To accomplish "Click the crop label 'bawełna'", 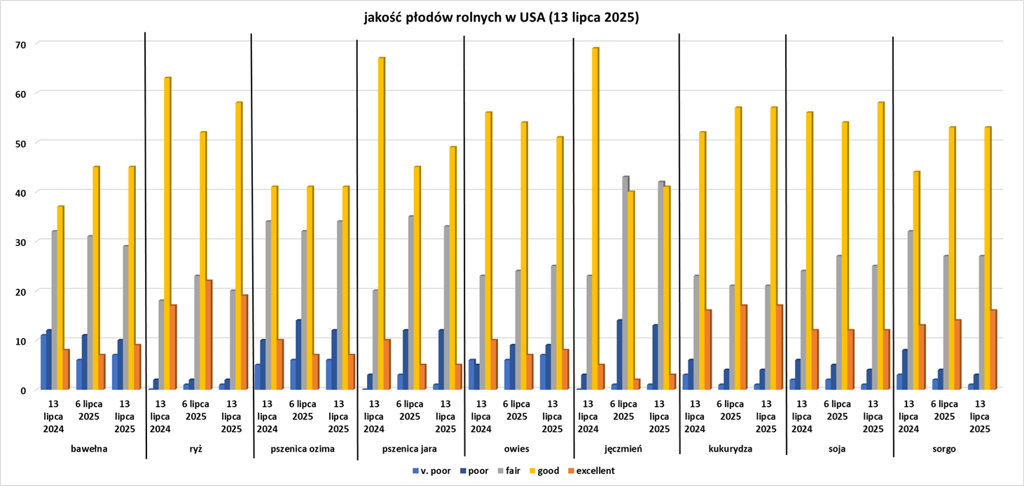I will pos(89,448).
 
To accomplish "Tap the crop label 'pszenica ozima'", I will pos(303,448).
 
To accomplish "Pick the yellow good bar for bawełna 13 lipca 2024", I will pos(61,297).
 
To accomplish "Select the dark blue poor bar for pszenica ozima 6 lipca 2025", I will pos(298,354).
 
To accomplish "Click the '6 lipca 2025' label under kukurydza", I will pos(731,410).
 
